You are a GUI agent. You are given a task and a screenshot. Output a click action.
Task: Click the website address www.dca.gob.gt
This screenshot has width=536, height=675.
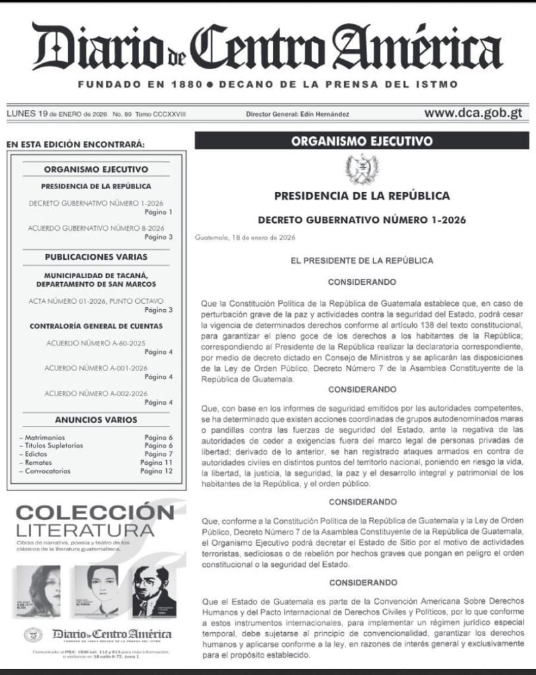point(473,113)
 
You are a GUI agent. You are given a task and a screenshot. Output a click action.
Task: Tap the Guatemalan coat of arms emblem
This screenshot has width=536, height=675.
point(362,169)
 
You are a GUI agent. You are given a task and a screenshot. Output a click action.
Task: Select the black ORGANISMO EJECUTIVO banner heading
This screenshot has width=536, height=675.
point(362,140)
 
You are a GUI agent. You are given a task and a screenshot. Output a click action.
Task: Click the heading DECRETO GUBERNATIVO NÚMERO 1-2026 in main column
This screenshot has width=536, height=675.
point(362,220)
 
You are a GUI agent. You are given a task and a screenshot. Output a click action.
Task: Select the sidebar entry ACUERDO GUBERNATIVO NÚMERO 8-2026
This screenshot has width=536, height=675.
point(96,227)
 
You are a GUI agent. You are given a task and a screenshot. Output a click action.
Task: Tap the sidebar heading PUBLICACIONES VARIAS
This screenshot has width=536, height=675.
point(96,256)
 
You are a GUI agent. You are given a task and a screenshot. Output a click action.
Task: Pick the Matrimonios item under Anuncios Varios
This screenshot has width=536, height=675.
point(45,437)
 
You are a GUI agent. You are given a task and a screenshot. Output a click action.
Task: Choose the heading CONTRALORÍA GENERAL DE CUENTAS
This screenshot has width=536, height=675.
point(96,326)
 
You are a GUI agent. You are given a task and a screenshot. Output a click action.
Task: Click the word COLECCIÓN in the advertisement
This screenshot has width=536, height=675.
point(94,513)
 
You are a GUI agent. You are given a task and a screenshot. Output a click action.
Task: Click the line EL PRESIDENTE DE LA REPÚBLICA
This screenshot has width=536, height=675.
point(362,260)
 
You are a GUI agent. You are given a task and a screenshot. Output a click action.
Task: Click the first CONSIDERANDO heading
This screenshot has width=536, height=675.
point(362,281)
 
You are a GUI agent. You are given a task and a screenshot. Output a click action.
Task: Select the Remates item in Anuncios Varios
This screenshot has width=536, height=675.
point(40,463)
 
